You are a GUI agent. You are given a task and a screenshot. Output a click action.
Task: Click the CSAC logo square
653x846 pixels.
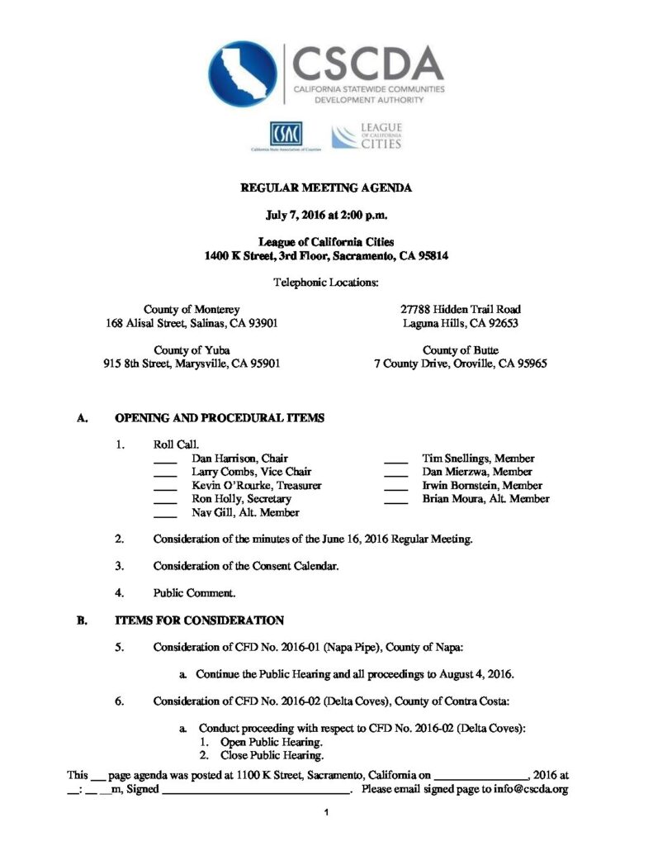286,134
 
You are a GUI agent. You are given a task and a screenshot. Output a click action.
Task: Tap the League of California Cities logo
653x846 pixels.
366,136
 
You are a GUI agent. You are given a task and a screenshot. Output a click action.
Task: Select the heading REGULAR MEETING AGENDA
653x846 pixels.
325,188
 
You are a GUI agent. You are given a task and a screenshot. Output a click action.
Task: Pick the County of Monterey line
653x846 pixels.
192,308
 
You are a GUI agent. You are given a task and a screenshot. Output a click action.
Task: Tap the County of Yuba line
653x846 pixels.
192,349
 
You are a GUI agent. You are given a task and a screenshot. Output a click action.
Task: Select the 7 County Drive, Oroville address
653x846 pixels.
460,364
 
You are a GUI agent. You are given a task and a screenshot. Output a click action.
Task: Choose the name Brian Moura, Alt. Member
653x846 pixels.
485,499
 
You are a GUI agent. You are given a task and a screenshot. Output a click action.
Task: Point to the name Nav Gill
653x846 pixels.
211,513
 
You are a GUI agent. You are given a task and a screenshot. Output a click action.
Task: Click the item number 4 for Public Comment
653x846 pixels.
120,592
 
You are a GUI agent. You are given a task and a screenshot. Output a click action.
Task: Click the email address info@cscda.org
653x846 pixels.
523,790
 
